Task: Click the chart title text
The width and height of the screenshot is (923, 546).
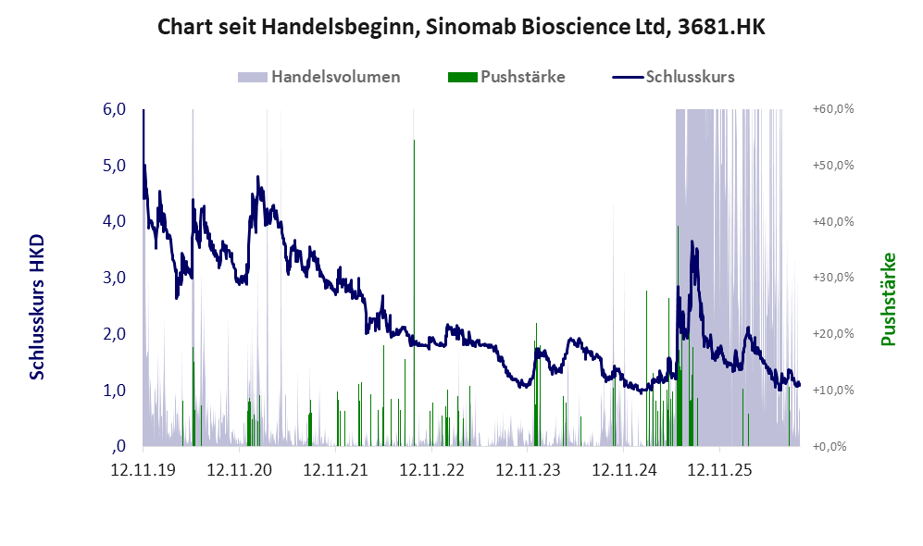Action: [461, 27]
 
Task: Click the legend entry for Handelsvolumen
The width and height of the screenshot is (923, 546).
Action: [319, 77]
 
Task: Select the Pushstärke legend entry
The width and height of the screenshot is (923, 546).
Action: [506, 77]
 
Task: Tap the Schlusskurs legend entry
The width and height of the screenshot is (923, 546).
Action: [673, 77]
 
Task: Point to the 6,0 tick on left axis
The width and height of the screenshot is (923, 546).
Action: [114, 109]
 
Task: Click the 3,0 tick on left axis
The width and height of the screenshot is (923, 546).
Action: [114, 278]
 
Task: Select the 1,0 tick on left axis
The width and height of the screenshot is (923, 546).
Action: [114, 391]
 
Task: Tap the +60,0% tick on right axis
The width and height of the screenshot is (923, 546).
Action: [833, 109]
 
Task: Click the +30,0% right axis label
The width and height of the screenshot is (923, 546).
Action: [833, 277]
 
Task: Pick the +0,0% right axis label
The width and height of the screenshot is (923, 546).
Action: [830, 447]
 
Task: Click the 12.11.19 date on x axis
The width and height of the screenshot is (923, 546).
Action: [143, 469]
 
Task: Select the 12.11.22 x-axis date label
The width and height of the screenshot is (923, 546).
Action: [431, 469]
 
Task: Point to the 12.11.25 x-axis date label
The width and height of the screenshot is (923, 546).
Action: [720, 469]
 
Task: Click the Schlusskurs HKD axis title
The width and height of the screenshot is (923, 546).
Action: [37, 306]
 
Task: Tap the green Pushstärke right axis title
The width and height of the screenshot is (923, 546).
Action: [888, 300]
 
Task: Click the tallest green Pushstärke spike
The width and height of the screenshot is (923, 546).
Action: [414, 293]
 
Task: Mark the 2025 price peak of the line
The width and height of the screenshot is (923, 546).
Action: [692, 242]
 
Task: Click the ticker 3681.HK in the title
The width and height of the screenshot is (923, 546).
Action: [722, 27]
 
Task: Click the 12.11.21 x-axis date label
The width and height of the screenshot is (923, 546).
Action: [335, 469]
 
